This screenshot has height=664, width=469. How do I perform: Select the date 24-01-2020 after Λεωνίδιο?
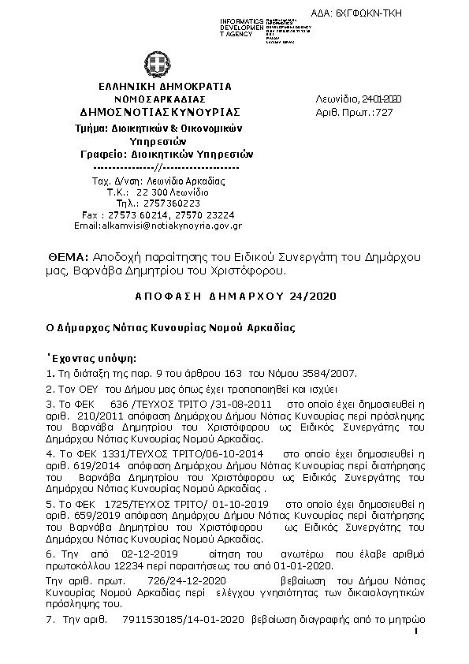point(382,99)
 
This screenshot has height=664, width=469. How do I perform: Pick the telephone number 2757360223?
point(155,203)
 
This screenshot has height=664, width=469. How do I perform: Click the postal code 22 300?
point(152,192)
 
